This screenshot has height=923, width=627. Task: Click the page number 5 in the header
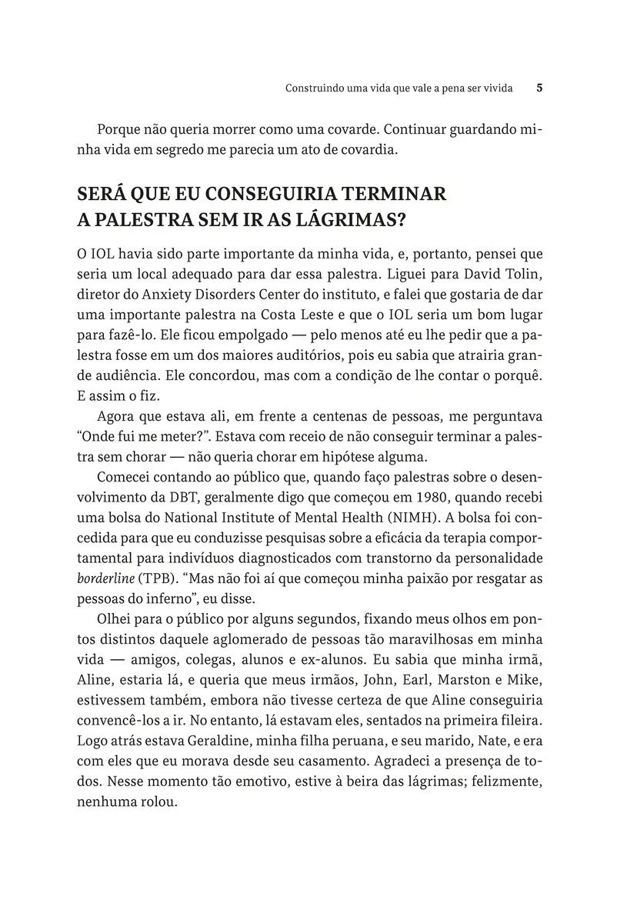coord(539,88)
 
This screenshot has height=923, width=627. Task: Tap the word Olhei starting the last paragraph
coord(114,620)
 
